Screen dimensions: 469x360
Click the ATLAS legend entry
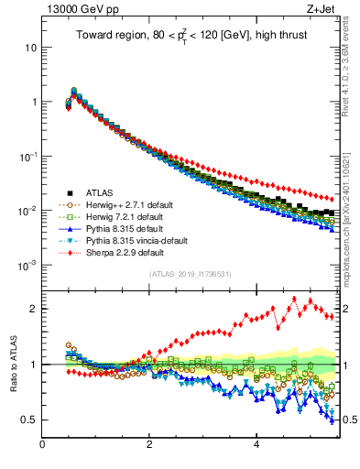coord(100,192)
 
